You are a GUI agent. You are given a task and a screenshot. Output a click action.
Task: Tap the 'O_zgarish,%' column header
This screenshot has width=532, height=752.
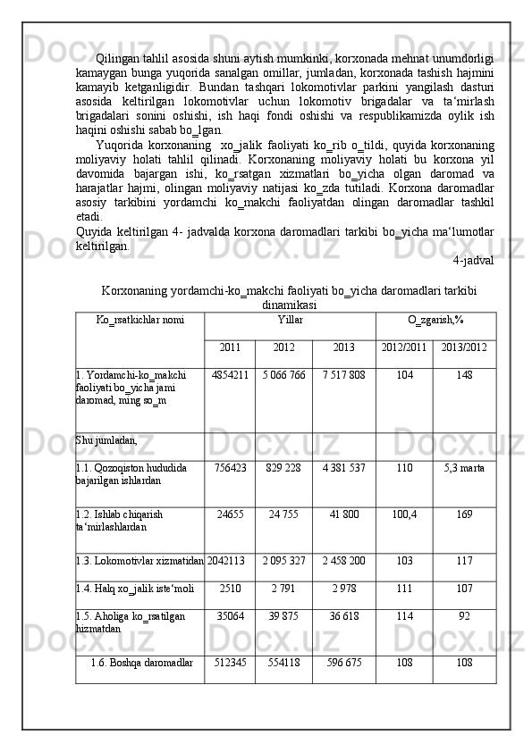point(435,319)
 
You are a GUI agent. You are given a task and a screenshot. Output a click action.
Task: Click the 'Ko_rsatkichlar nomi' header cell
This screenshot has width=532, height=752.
point(139,319)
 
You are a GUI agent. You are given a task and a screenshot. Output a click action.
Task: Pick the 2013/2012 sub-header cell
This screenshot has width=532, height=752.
point(463,347)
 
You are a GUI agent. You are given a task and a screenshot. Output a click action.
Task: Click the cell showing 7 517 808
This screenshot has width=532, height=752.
point(343,375)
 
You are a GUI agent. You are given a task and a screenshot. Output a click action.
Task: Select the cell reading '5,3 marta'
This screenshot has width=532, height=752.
point(463,469)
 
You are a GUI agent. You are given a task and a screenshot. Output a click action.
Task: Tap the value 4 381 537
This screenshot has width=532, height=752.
point(343,469)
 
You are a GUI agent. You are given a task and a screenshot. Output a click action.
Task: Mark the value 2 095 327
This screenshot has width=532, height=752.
point(283,560)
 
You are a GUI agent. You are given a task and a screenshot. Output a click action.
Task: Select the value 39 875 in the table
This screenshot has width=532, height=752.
point(283,616)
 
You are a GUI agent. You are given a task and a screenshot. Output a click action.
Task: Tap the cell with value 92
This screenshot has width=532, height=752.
point(463,616)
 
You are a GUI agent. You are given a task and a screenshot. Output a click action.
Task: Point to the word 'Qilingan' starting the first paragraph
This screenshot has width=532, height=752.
point(118,59)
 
